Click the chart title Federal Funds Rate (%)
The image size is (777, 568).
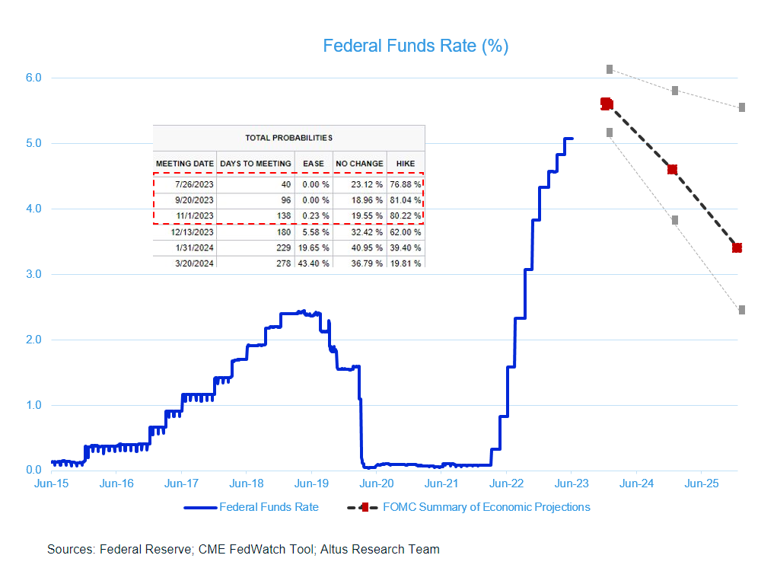tap(416, 46)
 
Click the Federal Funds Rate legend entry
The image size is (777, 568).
tap(269, 507)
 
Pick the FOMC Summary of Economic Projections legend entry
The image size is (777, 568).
tap(486, 507)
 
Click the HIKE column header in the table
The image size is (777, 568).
tap(406, 163)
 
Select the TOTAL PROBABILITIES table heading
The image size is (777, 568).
tap(288, 138)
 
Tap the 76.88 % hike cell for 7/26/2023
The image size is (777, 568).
tap(406, 183)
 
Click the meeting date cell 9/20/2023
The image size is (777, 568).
tap(185, 200)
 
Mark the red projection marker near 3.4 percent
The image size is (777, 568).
tap(737, 247)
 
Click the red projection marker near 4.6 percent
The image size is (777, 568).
tap(672, 170)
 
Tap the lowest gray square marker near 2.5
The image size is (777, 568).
tap(741, 310)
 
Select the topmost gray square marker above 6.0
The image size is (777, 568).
tap(610, 69)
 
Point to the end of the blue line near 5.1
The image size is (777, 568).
tap(572, 139)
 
